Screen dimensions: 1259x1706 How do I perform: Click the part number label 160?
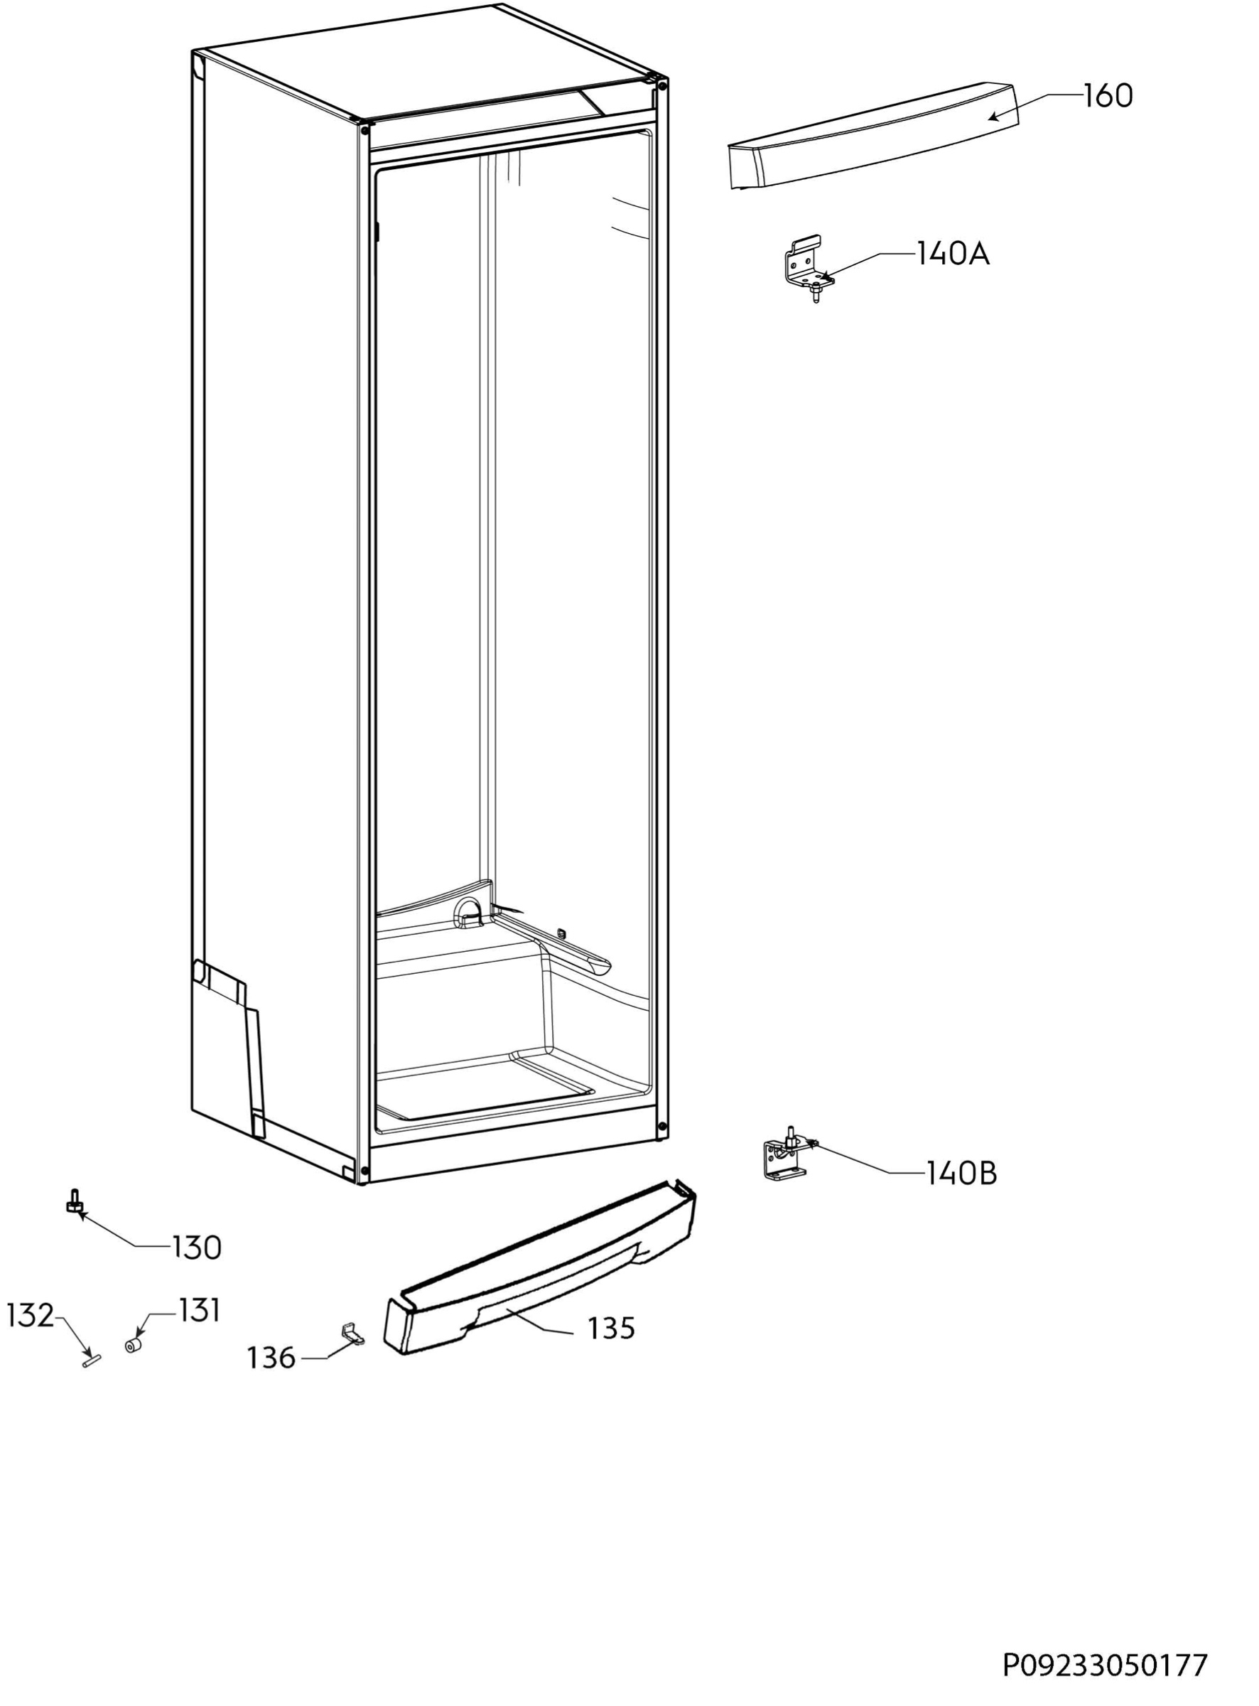(1108, 96)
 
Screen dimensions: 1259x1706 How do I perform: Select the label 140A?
(953, 254)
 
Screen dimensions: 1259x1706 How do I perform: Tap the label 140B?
(961, 1173)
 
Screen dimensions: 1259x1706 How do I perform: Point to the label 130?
(197, 1248)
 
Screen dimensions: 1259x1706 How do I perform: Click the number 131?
(199, 1310)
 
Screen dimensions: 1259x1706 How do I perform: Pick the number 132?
(31, 1316)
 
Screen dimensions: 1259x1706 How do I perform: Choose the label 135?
(611, 1328)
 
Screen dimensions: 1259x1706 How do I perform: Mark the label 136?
(271, 1358)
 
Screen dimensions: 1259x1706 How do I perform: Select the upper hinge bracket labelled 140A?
(808, 271)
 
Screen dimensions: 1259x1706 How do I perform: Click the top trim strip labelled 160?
(873, 136)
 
